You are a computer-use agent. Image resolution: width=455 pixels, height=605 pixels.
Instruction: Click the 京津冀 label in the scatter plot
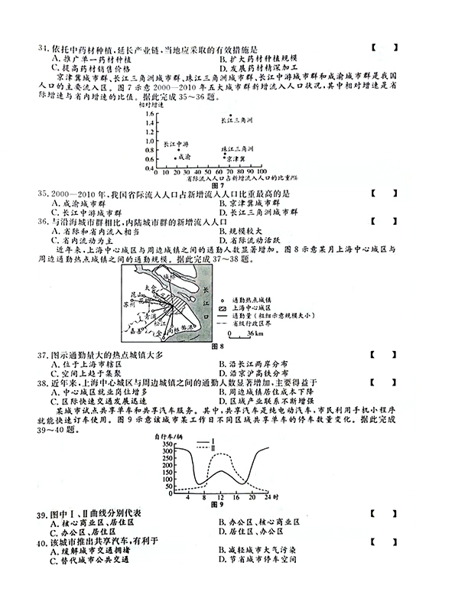236,158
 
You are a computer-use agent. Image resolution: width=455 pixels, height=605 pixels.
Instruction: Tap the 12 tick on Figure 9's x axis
220,497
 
